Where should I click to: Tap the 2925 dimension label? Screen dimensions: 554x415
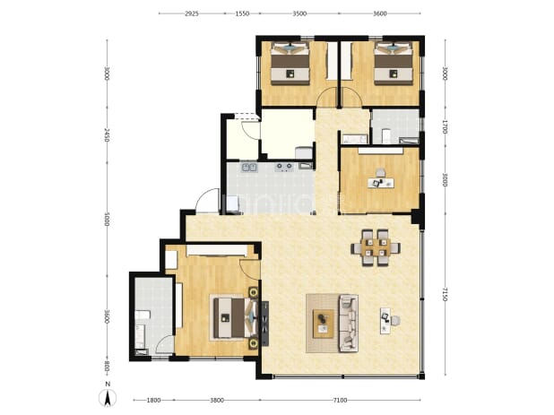pyautogui.click(x=192, y=13)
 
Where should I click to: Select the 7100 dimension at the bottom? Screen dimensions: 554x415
pyautogui.click(x=340, y=400)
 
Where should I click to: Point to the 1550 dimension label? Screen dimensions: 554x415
pyautogui.click(x=242, y=13)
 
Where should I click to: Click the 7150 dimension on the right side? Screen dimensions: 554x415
pyautogui.click(x=445, y=295)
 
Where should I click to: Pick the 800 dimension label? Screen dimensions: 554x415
pyautogui.click(x=107, y=367)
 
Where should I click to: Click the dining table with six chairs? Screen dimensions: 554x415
pyautogui.click(x=376, y=247)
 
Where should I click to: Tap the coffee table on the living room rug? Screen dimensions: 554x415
pyautogui.click(x=324, y=324)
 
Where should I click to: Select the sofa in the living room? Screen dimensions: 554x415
pyautogui.click(x=349, y=324)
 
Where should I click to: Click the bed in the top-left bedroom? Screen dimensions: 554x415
pyautogui.click(x=290, y=64)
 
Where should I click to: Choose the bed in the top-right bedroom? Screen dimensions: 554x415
pyautogui.click(x=394, y=64)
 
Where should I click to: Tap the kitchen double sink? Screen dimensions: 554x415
pyautogui.click(x=249, y=167)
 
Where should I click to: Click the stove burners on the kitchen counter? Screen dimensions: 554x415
pyautogui.click(x=284, y=167)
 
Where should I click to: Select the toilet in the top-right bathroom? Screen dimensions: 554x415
pyautogui.click(x=385, y=136)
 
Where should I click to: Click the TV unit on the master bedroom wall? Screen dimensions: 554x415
pyautogui.click(x=264, y=324)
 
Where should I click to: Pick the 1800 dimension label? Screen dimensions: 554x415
pyautogui.click(x=153, y=400)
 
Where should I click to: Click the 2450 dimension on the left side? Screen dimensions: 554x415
pyautogui.click(x=107, y=135)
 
